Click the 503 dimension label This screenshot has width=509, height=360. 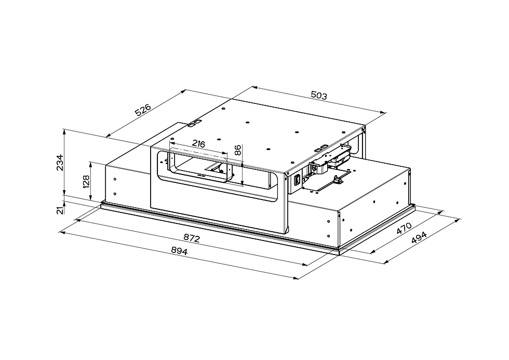click(319, 95)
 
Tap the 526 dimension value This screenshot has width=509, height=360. click(143, 110)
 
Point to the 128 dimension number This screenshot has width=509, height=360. click(86, 182)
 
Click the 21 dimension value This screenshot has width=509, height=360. click(60, 210)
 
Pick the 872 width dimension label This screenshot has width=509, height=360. click(192, 238)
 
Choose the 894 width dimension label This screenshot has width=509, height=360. click(179, 250)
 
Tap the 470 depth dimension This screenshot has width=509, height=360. click(404, 228)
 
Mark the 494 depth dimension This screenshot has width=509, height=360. click(419, 237)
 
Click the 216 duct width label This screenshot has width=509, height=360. click(198, 143)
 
